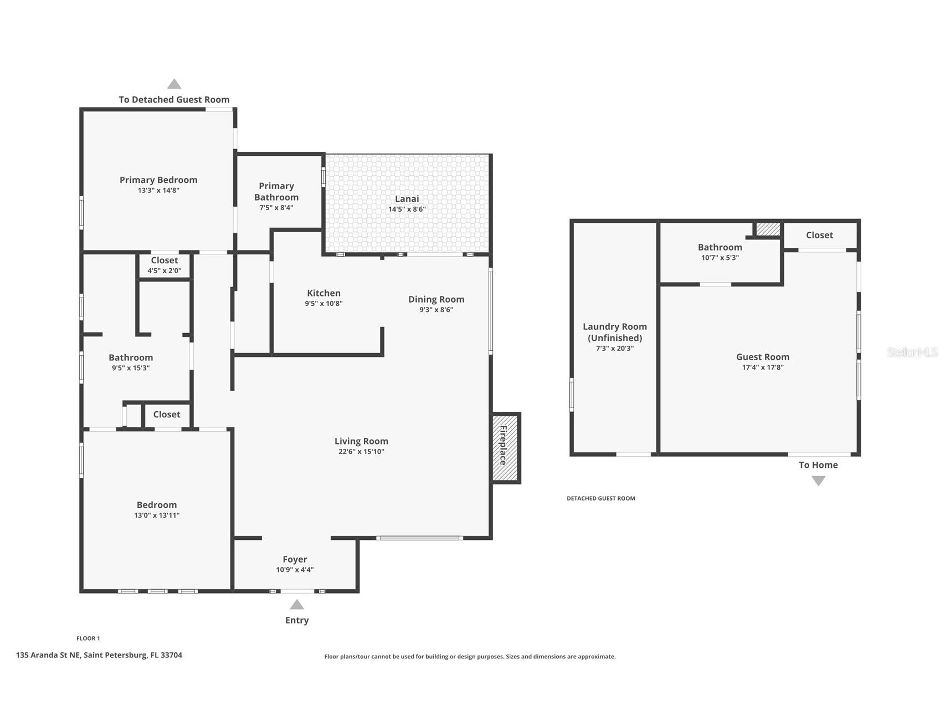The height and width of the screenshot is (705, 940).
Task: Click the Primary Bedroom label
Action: pos(158,180)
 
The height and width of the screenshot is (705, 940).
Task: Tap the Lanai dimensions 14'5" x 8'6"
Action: pos(407,210)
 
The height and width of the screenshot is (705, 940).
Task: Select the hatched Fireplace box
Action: pos(505,448)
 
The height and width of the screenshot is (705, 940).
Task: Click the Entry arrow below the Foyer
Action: pos(297,604)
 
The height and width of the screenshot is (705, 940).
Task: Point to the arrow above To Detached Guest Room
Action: pos(174,84)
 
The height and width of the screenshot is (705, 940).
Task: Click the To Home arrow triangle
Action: pos(818,481)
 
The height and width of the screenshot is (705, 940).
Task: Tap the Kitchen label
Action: pos(324,293)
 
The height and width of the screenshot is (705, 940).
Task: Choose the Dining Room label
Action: pos(436,299)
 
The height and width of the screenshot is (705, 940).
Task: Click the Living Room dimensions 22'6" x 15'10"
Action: pos(361,452)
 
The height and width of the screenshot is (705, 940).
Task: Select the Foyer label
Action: pos(295,559)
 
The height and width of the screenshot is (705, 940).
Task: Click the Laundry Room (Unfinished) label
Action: pos(615,332)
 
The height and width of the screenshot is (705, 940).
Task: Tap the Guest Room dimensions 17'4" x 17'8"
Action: pos(763,367)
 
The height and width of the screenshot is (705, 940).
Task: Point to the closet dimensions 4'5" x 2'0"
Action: pos(165,271)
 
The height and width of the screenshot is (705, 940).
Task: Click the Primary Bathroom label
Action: pos(276,191)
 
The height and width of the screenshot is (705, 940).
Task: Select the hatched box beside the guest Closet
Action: pos(768,229)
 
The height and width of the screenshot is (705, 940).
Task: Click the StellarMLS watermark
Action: pos(912,352)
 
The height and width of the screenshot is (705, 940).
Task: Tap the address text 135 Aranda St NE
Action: pos(48,655)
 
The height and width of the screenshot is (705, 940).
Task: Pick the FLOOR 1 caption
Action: pos(88,638)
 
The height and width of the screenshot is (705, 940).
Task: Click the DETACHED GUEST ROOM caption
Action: pos(601,498)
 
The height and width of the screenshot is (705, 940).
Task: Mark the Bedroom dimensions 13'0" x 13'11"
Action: pos(157,515)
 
